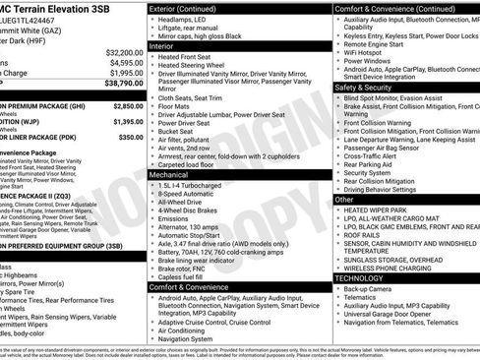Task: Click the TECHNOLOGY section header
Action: tap(358, 278)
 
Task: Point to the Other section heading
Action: tap(344, 199)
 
